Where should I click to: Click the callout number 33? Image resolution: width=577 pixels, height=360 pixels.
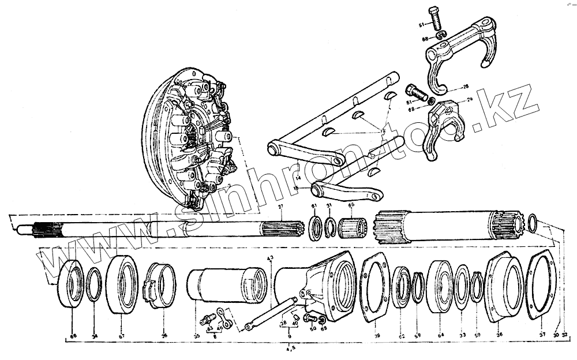(462, 335)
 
